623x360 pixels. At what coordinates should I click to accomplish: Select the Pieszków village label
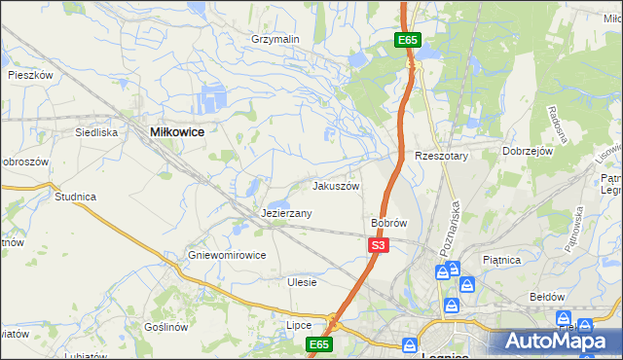click(29, 74)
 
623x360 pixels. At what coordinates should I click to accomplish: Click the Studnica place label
click(75, 197)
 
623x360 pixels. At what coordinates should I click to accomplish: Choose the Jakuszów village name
click(336, 186)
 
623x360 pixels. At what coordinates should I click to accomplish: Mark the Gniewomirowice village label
click(227, 256)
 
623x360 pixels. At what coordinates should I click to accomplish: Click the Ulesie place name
click(302, 282)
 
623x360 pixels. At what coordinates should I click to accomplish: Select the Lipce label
click(299, 325)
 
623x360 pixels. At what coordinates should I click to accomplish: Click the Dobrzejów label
click(527, 152)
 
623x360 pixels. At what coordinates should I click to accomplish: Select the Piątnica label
click(502, 261)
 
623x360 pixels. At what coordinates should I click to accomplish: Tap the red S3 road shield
click(379, 247)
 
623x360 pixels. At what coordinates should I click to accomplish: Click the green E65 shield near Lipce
click(319, 344)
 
